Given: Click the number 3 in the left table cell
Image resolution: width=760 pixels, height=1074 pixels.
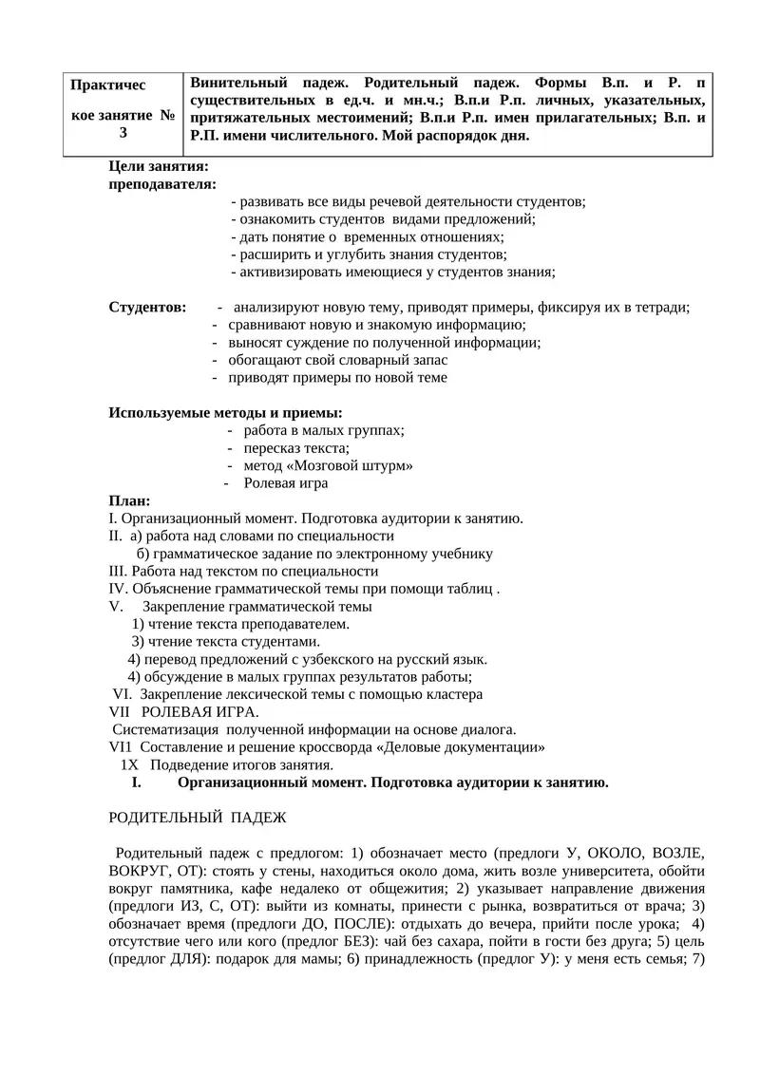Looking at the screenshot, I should point(123,133).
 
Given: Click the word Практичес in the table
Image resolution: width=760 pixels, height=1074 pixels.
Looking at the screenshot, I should point(108,85).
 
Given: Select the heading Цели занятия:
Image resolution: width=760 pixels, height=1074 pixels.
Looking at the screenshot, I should point(159,166).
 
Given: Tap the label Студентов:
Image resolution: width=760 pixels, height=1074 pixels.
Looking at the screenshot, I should point(148,307).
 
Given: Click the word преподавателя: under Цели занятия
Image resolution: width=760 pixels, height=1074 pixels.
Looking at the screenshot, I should point(162,183).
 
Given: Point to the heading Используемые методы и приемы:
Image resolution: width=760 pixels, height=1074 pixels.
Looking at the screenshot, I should point(226,413).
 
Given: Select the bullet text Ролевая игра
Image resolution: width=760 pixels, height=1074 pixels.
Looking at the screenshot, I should point(286,483).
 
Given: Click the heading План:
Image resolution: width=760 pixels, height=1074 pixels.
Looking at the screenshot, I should point(130,500).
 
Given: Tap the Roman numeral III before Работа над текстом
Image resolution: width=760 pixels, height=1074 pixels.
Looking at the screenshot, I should point(119,571).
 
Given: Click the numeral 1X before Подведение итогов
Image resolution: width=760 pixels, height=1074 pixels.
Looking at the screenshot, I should point(130,764).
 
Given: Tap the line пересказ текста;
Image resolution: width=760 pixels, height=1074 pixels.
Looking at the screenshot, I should point(296,448).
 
